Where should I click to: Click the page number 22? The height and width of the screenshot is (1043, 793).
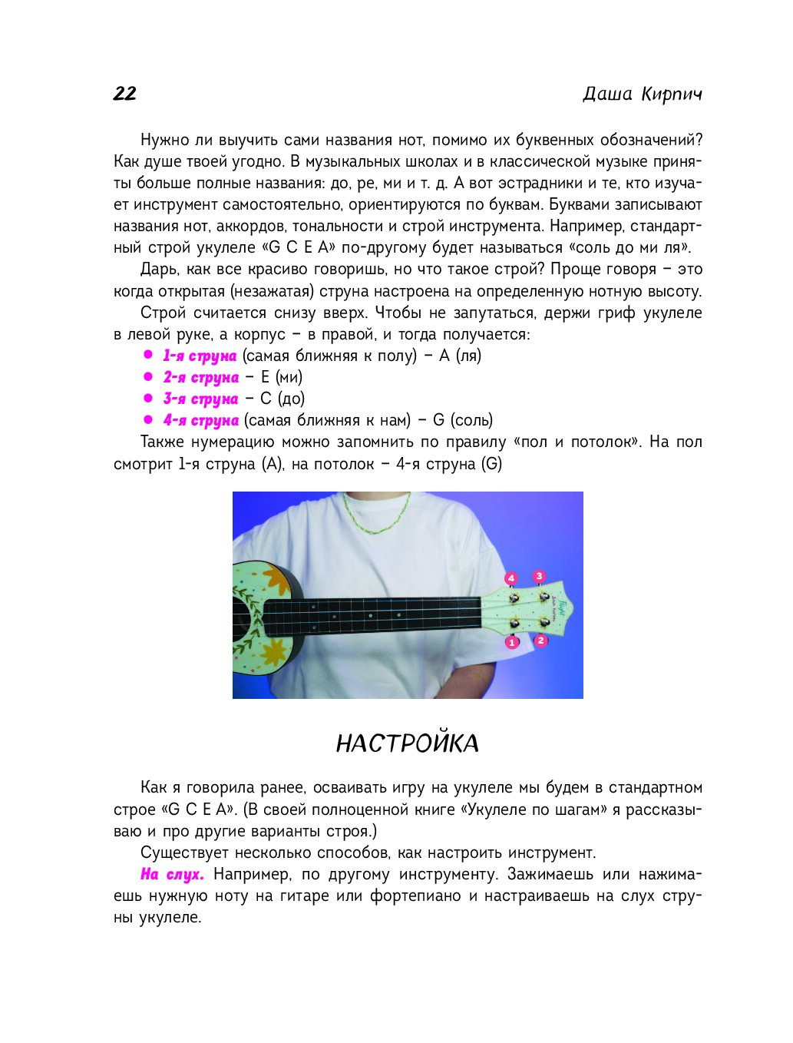[x=124, y=94]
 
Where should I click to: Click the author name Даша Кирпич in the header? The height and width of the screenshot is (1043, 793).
[x=642, y=94]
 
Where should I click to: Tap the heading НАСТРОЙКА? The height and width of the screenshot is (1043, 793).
[x=407, y=743]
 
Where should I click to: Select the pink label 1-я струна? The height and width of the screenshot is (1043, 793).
[x=200, y=356]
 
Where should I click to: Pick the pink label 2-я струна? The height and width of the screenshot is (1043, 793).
[x=200, y=377]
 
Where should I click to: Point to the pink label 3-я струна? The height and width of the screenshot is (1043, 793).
[x=200, y=399]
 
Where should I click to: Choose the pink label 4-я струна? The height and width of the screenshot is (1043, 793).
[x=200, y=420]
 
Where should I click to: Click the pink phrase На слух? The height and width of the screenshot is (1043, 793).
[x=172, y=874]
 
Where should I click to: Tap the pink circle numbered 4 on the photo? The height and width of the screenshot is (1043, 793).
[x=510, y=578]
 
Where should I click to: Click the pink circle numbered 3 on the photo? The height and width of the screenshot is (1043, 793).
[x=540, y=576]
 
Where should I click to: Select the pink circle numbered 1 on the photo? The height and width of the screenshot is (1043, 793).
[x=512, y=642]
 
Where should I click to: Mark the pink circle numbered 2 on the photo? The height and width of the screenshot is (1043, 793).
[x=541, y=640]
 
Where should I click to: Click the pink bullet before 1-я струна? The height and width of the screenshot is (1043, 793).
[x=148, y=356]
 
